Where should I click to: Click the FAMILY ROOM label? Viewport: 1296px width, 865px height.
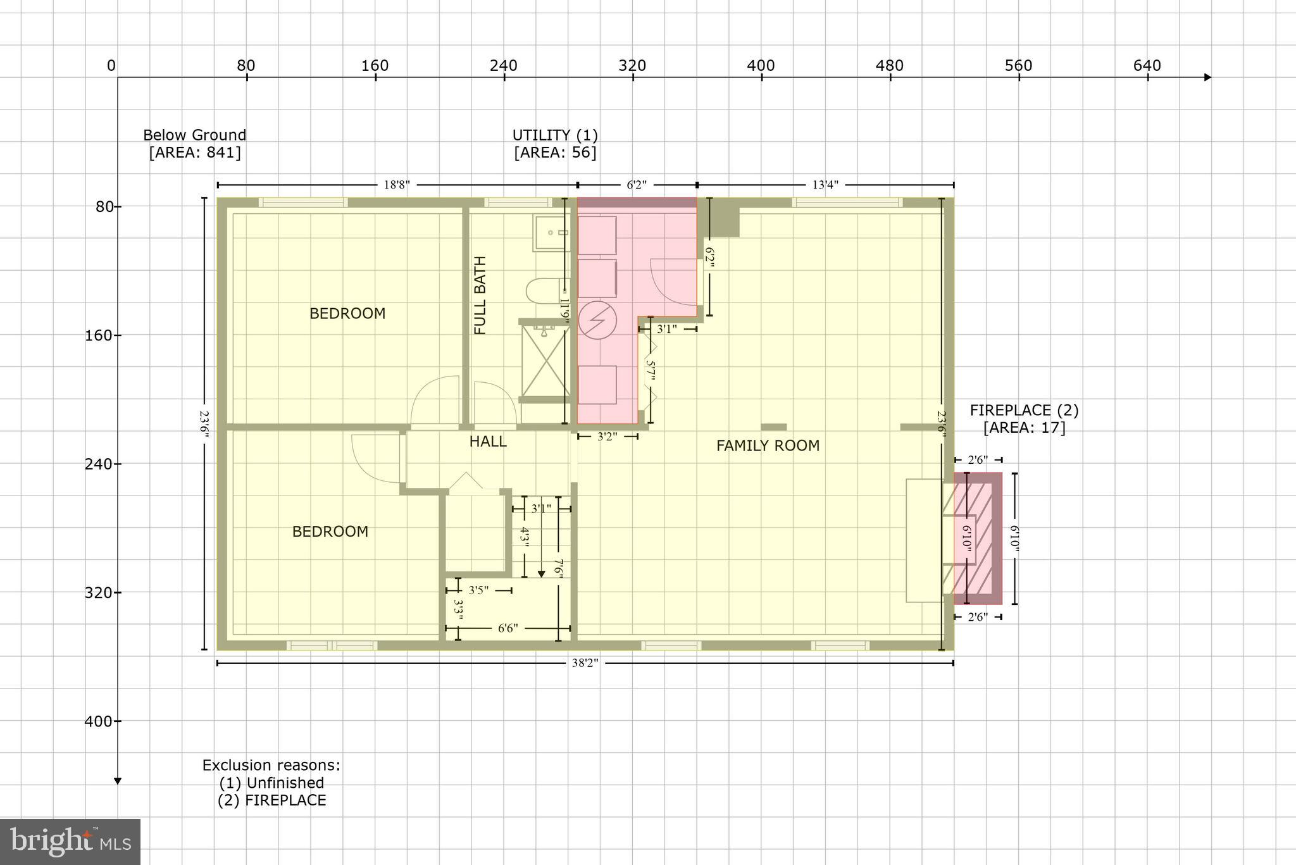(x=768, y=446)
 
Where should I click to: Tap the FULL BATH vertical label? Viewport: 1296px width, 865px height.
(x=480, y=296)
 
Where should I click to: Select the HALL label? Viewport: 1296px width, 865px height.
(x=488, y=442)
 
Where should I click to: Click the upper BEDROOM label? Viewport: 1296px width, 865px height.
(x=347, y=314)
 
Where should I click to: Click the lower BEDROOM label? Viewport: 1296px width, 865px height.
(x=330, y=532)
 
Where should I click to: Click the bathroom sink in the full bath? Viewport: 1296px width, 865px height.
(x=551, y=233)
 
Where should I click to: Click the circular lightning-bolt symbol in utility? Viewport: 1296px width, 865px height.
(x=597, y=320)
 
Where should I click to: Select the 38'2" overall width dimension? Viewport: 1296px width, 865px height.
(x=584, y=663)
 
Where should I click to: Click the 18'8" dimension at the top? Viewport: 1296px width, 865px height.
(x=397, y=185)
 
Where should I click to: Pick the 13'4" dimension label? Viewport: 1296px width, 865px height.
(x=825, y=185)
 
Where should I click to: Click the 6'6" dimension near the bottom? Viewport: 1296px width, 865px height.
(x=508, y=628)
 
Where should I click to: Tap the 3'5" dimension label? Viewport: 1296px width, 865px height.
(x=478, y=590)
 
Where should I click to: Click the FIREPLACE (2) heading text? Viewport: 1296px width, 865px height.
(x=1024, y=411)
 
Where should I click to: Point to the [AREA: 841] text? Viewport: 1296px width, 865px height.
(x=195, y=152)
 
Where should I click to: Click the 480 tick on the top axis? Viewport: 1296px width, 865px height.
(x=890, y=66)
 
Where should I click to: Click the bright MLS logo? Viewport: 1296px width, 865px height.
(x=70, y=842)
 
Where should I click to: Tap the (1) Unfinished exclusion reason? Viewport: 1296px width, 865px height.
(x=271, y=783)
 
